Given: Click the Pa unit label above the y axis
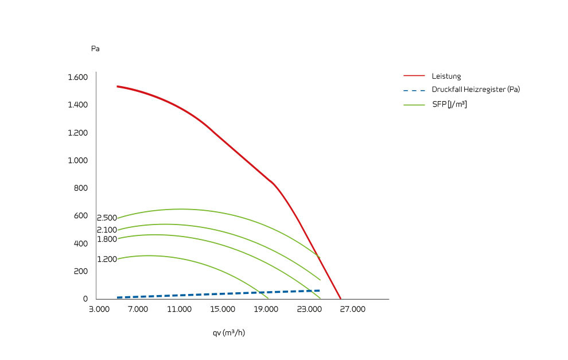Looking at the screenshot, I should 95,49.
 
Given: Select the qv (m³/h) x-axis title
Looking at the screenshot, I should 229,332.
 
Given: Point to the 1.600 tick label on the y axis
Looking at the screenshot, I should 77,78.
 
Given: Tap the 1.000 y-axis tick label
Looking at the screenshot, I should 77,160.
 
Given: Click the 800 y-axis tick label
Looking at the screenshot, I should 81,188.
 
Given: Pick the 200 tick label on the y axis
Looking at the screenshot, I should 81,271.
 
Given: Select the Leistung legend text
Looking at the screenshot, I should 446,76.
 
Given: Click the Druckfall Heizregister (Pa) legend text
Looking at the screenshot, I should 476,90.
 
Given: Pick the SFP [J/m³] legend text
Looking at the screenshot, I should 449,104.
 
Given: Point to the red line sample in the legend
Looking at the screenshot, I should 414,76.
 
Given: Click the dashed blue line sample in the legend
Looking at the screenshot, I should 414,90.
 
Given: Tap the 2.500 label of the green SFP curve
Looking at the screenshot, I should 107,218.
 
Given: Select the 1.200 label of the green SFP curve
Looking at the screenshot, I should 107,260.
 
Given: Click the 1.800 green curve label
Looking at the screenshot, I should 107,239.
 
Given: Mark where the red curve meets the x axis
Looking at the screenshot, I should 341,299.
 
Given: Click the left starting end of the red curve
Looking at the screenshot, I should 118,86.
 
